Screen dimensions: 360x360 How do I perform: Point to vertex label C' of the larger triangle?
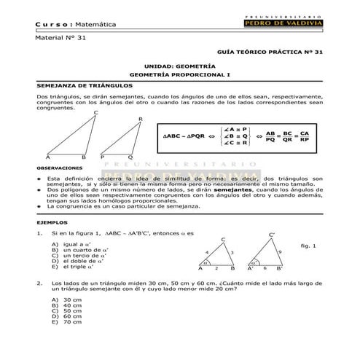(272, 235)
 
